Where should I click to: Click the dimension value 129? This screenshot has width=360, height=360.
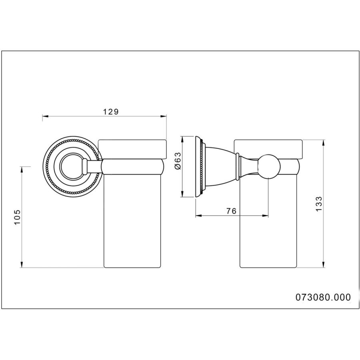110,112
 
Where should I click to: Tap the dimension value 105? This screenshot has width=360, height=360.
18,217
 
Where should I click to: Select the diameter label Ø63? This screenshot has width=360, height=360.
178,160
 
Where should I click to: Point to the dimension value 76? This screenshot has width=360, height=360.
231,211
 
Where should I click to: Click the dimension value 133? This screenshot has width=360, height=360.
319,204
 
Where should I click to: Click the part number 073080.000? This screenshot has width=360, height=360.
323,297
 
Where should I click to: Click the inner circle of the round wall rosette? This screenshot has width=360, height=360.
71,167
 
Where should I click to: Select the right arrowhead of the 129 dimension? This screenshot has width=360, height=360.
164,116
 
